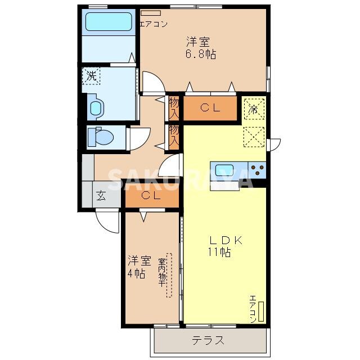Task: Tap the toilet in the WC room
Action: click(x=101, y=136)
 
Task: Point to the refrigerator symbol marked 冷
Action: click(x=254, y=109)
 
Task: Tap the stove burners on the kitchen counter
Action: click(x=258, y=169)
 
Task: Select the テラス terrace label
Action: click(x=208, y=340)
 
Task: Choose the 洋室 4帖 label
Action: click(x=138, y=267)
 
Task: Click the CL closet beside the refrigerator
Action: click(x=210, y=109)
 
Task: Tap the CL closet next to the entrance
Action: click(x=151, y=196)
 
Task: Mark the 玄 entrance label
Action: click(x=101, y=196)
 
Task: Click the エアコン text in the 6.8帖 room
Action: click(x=152, y=24)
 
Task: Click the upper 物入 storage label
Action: click(x=174, y=108)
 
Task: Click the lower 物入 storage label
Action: click(x=174, y=136)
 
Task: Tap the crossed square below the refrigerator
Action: click(x=254, y=136)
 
